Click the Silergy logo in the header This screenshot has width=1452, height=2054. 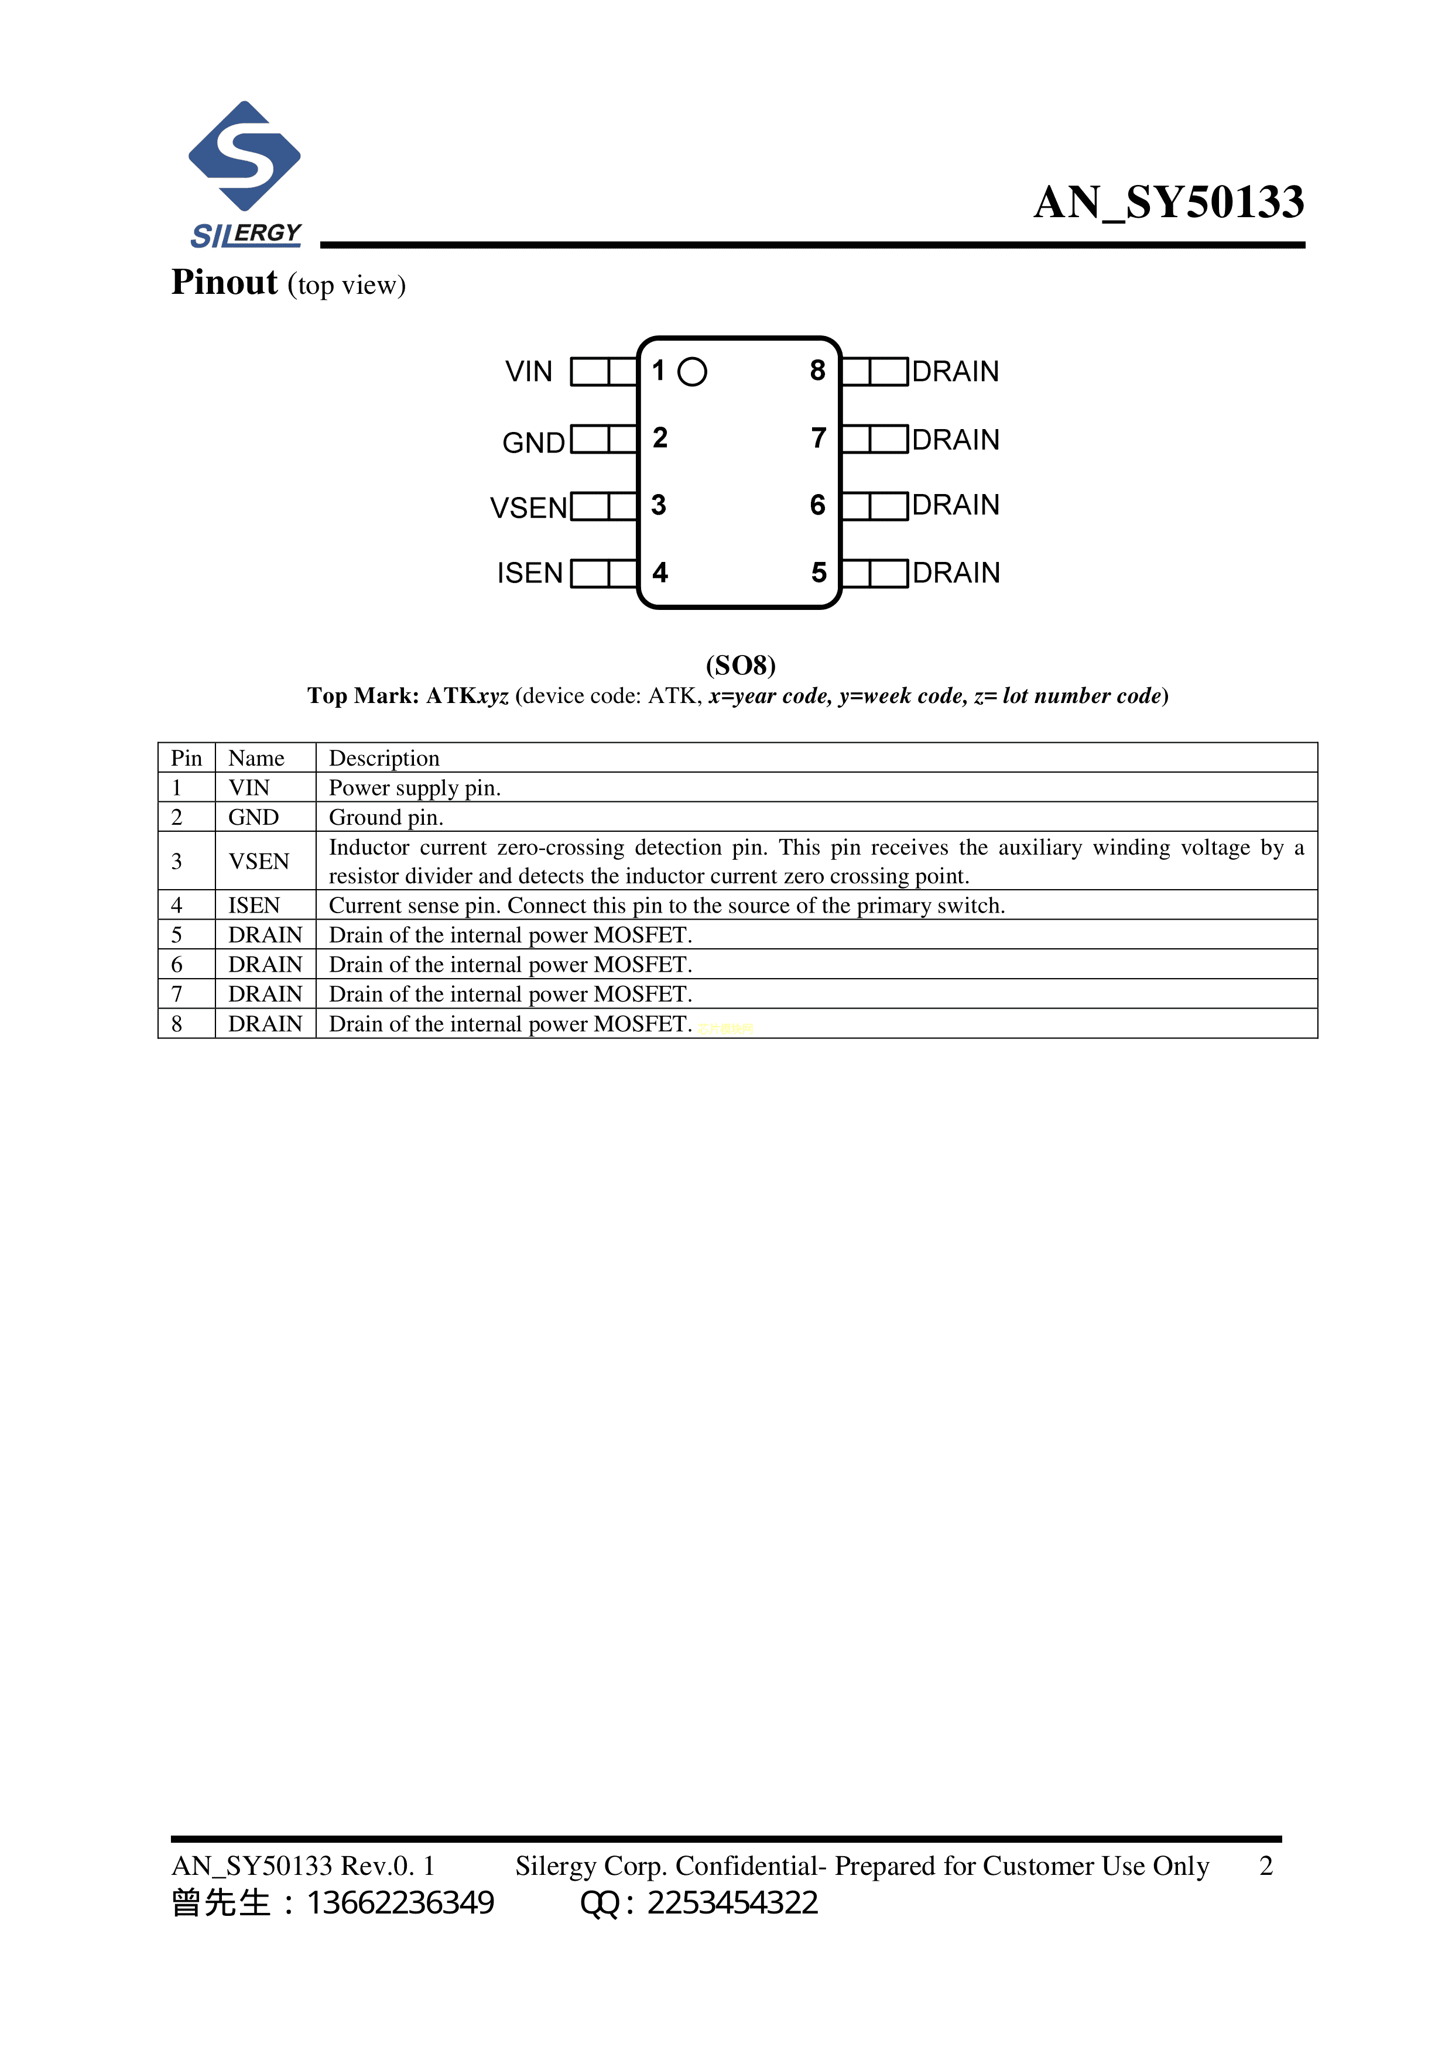244,174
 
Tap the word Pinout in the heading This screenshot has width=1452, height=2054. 224,283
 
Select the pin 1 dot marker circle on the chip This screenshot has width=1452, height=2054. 691,371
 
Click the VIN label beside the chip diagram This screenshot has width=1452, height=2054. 529,371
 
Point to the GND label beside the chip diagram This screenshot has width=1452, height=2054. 533,442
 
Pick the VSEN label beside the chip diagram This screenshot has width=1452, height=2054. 529,508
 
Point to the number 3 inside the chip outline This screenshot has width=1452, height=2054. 659,505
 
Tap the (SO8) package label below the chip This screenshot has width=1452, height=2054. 740,665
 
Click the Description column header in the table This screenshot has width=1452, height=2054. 384,757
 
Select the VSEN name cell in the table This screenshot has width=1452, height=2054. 259,860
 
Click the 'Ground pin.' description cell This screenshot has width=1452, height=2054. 386,817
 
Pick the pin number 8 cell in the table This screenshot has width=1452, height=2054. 177,1023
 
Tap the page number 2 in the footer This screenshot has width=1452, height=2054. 1265,1866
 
